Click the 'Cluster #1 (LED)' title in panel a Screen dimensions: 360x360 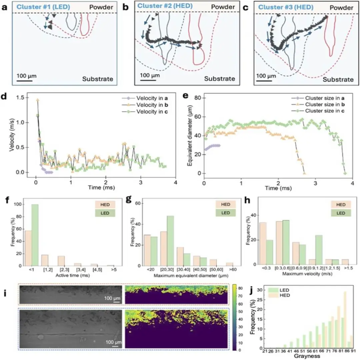tap(44, 6)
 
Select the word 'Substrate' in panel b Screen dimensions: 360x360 tap(219, 79)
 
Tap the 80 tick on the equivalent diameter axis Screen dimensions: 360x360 tap(198, 98)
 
